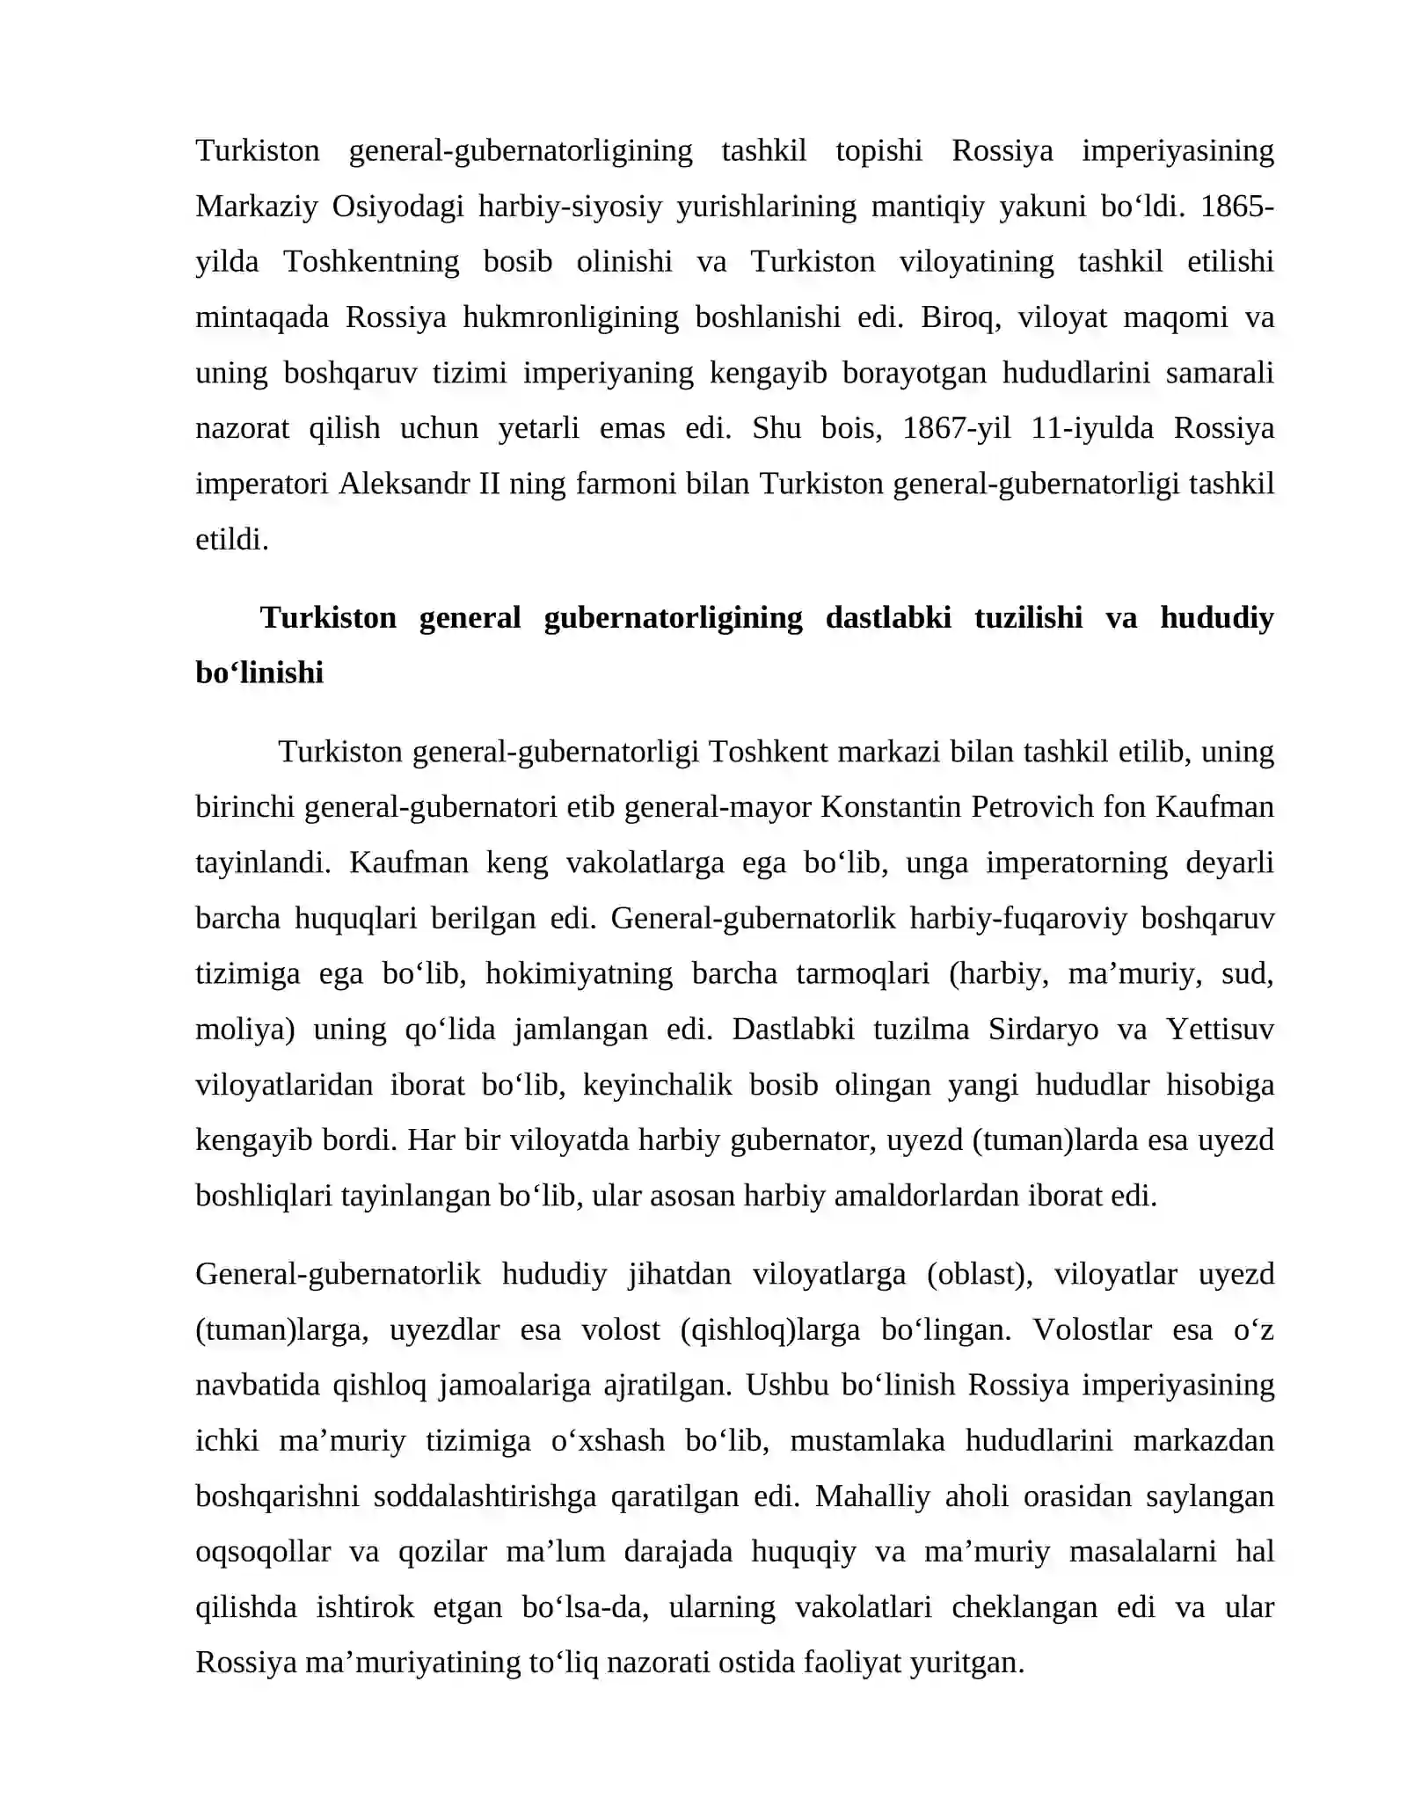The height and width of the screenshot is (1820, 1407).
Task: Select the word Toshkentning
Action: [371, 261]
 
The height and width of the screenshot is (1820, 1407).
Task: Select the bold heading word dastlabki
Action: [888, 617]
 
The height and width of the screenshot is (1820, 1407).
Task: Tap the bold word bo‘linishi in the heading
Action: [259, 673]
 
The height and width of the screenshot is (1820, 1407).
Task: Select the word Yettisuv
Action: [1220, 1029]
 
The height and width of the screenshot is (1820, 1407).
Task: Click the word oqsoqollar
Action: [263, 1552]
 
